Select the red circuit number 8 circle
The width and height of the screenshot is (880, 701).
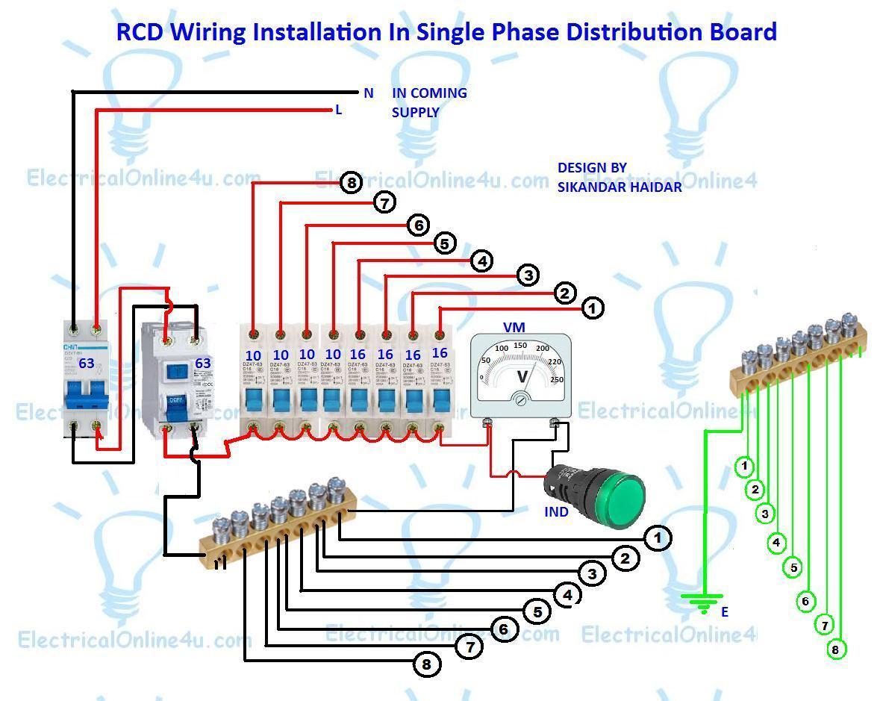click(351, 182)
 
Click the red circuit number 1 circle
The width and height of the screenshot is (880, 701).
click(593, 308)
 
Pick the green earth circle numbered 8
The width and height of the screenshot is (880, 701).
click(835, 649)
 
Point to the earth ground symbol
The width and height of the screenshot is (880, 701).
click(702, 602)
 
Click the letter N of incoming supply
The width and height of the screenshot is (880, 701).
click(368, 93)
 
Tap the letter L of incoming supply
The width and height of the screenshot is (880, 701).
click(338, 110)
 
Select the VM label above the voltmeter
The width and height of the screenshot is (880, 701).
click(514, 327)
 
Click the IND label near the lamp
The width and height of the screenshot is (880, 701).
click(556, 512)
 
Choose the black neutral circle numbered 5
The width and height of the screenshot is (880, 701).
click(537, 612)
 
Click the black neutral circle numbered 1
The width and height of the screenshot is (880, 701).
click(658, 538)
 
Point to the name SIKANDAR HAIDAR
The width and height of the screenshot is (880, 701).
click(620, 187)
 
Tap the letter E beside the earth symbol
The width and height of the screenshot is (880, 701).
click(724, 612)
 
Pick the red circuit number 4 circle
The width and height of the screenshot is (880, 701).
click(482, 261)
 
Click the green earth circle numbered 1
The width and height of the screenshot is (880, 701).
click(744, 467)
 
